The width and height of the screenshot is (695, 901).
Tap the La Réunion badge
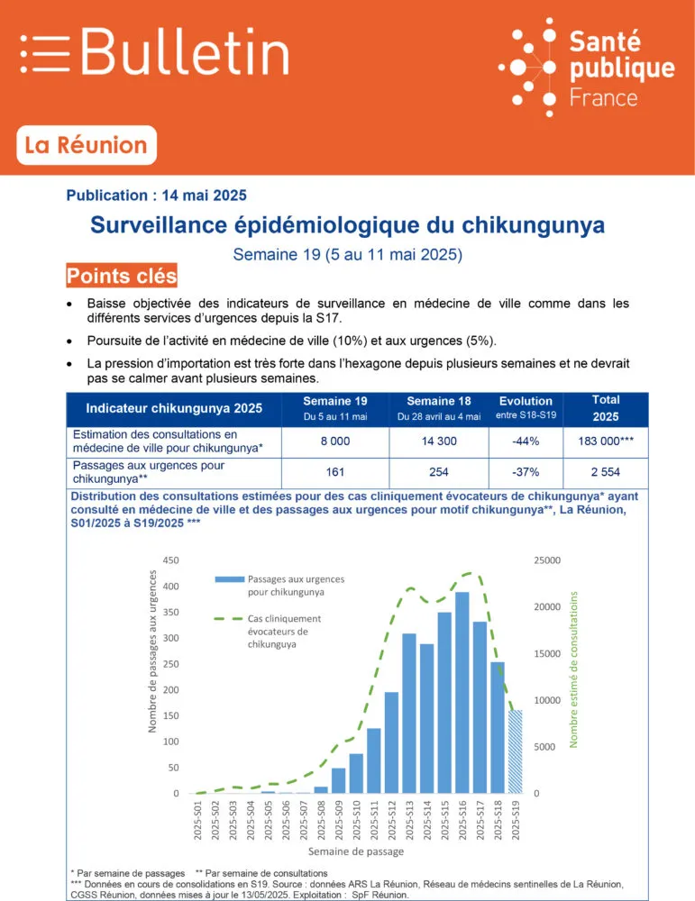87,145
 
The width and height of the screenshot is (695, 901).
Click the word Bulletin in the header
185,51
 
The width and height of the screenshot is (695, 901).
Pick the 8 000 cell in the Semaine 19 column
334,441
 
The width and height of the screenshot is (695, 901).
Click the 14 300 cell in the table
438,441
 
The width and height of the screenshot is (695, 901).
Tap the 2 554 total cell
605,472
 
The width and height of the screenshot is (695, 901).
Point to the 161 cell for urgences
334,472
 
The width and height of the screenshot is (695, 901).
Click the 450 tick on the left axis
170,560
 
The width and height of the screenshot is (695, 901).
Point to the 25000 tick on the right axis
545,560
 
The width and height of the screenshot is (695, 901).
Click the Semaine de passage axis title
355,851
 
